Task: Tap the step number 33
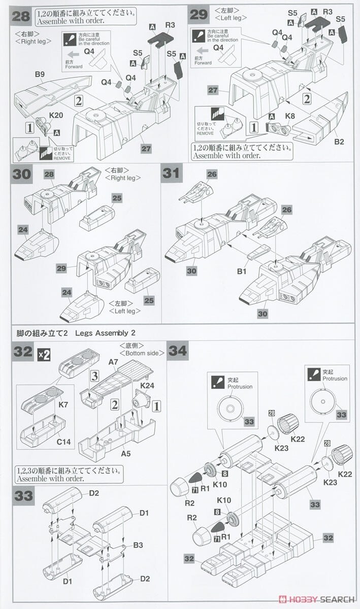coord(23,496)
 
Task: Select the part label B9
coord(40,75)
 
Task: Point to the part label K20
coord(42,115)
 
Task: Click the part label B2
coord(339,141)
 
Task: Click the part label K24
coord(148,386)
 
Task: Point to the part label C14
coord(63,442)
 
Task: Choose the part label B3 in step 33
coord(138,546)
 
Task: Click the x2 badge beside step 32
coord(44,355)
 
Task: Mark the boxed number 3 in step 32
coord(94,376)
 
